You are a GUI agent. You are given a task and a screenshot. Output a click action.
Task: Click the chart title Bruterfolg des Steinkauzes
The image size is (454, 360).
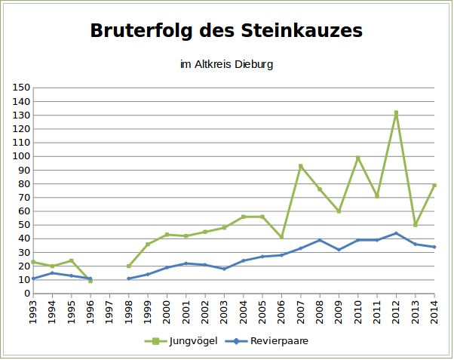[x=226, y=31]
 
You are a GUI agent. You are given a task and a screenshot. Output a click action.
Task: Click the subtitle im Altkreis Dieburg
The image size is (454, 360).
[x=226, y=65]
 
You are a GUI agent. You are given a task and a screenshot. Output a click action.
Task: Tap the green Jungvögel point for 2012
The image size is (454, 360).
[x=396, y=113]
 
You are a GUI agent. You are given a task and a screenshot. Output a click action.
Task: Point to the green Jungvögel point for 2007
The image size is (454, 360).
[x=301, y=166]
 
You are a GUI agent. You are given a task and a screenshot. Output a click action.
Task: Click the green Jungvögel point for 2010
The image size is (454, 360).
[x=358, y=158]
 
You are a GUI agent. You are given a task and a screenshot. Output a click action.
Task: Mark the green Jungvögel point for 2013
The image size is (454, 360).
[x=416, y=225]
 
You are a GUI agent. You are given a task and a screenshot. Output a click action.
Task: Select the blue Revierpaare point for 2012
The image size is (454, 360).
[x=396, y=233]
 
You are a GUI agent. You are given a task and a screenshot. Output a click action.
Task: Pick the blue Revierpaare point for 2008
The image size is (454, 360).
[x=320, y=240]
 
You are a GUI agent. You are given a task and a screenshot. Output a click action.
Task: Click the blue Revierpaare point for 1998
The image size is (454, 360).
[x=129, y=278]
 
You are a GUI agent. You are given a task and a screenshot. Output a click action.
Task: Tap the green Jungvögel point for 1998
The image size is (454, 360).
[x=129, y=266]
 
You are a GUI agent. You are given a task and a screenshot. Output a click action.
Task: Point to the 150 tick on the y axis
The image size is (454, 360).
[x=21, y=88]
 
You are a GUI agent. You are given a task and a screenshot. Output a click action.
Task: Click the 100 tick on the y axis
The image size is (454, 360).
[x=21, y=156]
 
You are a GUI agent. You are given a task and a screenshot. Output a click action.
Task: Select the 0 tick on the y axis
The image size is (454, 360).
[x=26, y=294]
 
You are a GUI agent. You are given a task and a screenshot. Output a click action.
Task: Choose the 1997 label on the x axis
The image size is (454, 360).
[x=109, y=312]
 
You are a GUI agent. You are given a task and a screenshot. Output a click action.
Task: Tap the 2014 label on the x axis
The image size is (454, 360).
[x=434, y=312]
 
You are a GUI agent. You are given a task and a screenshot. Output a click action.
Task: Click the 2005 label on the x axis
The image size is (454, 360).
[x=262, y=312]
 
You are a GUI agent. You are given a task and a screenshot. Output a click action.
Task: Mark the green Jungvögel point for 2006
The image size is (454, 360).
[x=281, y=237]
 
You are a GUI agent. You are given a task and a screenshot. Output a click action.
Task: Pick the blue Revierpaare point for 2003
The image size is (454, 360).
[x=224, y=269]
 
